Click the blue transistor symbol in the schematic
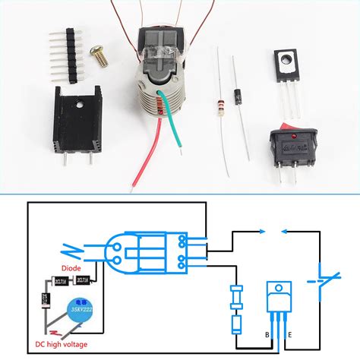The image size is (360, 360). [278, 300]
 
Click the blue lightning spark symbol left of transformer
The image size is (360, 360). [73, 248]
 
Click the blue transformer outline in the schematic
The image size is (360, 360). [152, 252]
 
